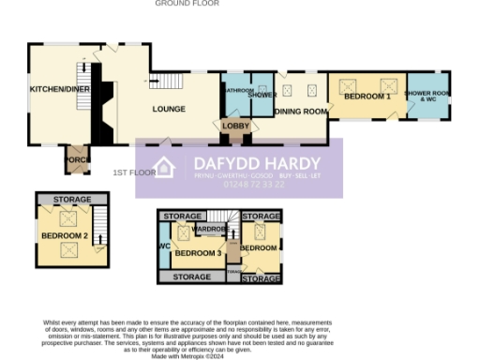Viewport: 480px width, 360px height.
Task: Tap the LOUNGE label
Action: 170,109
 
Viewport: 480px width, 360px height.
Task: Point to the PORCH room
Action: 76,160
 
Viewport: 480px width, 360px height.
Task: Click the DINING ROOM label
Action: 301,112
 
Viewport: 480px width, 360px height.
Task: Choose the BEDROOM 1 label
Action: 367,97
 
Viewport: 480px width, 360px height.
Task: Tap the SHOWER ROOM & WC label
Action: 427,95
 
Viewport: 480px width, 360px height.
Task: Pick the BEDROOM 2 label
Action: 65,235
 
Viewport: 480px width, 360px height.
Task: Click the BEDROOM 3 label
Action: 199,253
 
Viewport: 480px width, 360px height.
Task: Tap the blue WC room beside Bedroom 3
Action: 164,247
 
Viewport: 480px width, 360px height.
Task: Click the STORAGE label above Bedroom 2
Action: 72,200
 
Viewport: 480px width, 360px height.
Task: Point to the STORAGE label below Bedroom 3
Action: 192,277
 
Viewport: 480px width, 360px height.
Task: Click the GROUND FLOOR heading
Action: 187,4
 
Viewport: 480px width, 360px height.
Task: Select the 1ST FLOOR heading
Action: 134,173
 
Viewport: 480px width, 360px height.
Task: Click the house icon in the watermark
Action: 164,169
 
